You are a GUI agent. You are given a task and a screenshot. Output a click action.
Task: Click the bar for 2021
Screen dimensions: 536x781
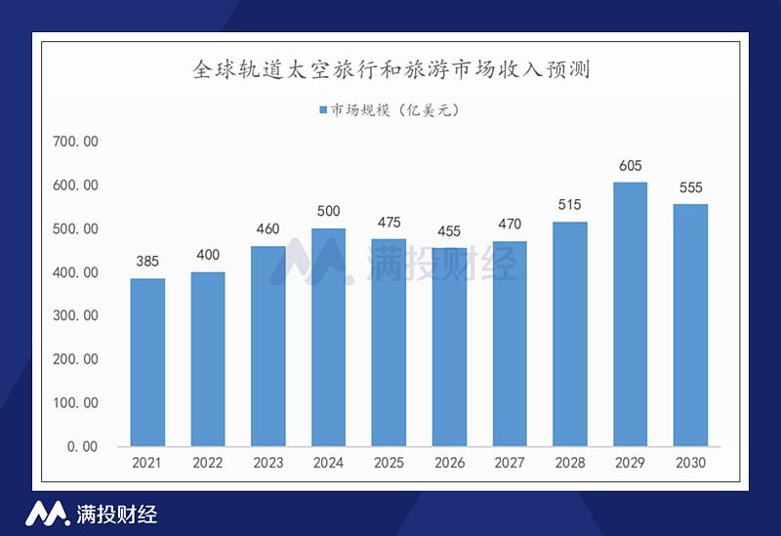[x=147, y=362]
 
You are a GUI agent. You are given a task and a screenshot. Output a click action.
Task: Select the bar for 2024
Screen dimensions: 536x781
[x=328, y=337]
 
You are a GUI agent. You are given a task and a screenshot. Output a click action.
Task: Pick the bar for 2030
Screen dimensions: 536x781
[x=690, y=325]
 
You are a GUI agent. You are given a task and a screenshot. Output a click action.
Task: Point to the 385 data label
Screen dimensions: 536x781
[x=147, y=262]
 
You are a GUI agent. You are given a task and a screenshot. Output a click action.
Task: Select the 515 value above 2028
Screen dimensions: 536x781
[x=569, y=205]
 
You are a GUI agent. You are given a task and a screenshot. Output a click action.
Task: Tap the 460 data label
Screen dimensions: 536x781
[x=267, y=229]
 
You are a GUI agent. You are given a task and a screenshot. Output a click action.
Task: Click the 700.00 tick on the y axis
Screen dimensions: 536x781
[x=75, y=142]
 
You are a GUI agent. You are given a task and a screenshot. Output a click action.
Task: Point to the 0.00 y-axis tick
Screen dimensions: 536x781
[x=81, y=446]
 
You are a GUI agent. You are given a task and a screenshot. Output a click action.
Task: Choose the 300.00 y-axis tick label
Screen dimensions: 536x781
[x=75, y=315]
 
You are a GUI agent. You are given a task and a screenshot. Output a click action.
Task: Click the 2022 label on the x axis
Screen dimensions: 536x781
[x=208, y=463]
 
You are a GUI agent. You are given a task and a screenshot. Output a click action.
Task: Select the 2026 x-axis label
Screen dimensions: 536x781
[x=449, y=463]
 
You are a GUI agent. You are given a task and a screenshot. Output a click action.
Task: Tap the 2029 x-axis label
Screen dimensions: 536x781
[x=630, y=463]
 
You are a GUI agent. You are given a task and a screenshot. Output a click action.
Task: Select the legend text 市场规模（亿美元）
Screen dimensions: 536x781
[x=394, y=110]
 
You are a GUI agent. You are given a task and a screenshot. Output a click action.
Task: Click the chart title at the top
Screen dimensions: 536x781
[x=390, y=70]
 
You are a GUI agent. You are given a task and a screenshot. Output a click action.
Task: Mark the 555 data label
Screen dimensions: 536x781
[x=690, y=187]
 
